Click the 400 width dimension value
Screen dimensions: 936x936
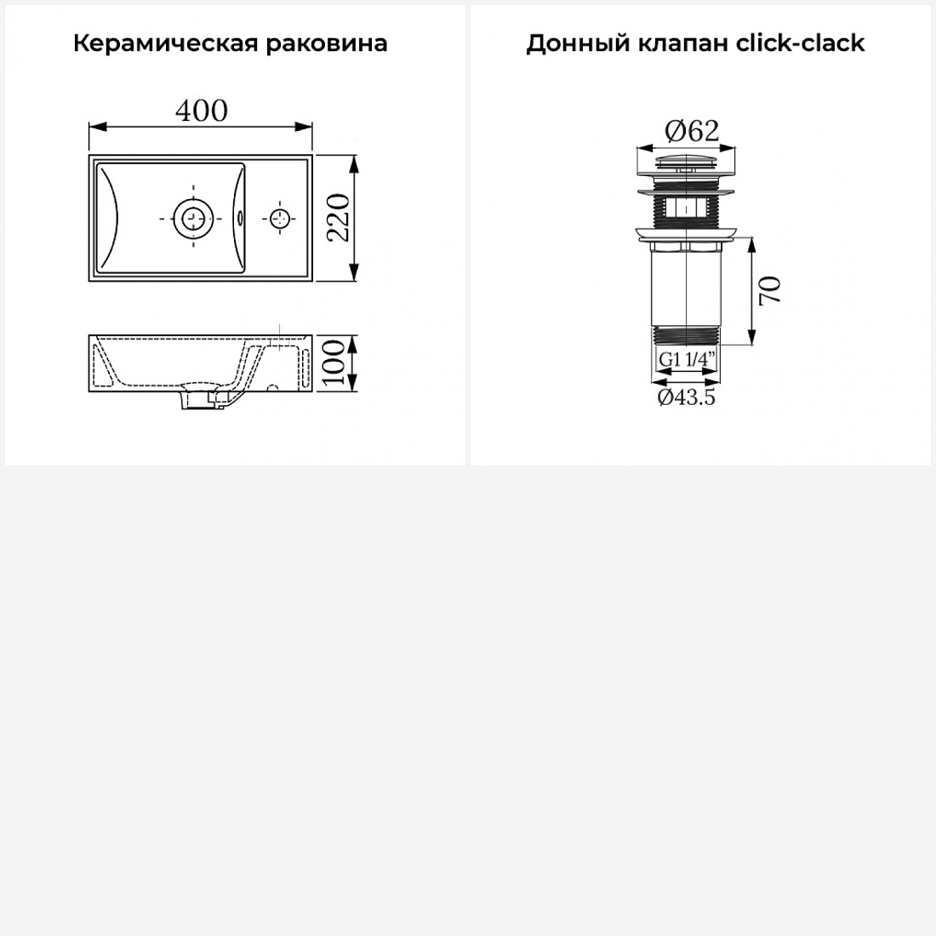tap(201, 111)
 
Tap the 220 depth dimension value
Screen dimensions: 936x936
tap(338, 217)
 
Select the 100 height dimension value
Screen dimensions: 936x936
tap(336, 363)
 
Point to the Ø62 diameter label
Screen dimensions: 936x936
tap(692, 131)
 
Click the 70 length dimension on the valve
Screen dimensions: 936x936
tap(770, 291)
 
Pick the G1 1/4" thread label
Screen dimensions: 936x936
tap(687, 359)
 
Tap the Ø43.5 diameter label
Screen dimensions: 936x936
tap(687, 397)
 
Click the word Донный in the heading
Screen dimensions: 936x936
tap(577, 43)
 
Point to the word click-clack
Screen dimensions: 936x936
tap(800, 43)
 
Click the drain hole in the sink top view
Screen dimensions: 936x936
tap(193, 219)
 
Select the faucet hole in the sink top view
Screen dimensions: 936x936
tap(279, 219)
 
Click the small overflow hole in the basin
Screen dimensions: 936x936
tap(240, 219)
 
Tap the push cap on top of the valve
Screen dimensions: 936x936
tap(687, 161)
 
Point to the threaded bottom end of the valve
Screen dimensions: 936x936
tap(687, 335)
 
